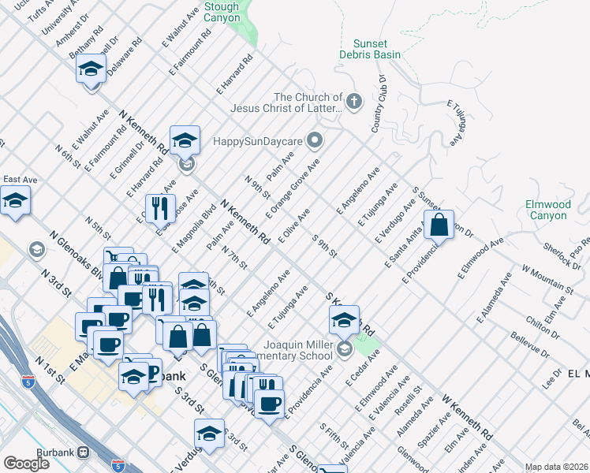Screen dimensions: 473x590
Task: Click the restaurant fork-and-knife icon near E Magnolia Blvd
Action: (159, 209)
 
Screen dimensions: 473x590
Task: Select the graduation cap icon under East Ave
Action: (15, 202)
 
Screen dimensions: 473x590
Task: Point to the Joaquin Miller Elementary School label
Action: (285, 349)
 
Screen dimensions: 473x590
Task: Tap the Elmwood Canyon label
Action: (547, 210)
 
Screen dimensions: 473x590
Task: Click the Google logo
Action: (26, 464)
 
